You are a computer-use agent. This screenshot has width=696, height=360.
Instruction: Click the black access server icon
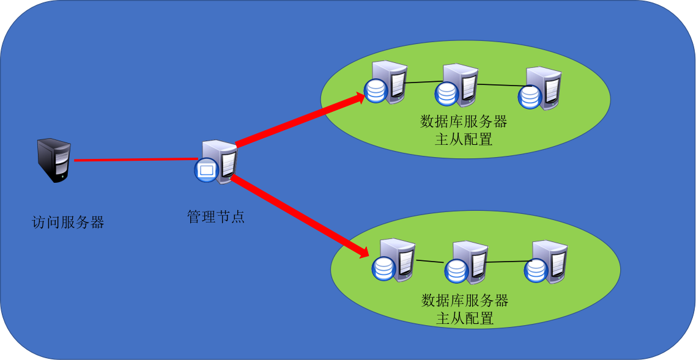[54, 160]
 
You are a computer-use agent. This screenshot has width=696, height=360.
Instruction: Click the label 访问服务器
[68, 222]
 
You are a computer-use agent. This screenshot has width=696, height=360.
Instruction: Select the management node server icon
[219, 161]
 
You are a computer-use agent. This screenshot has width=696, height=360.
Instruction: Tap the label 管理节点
[215, 216]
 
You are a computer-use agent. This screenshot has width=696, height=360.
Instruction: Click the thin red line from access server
[135, 160]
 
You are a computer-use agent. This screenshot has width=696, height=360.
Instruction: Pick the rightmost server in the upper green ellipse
[542, 88]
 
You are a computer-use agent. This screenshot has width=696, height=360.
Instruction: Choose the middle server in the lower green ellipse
[468, 262]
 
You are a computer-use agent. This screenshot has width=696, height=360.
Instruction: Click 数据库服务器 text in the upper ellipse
[464, 121]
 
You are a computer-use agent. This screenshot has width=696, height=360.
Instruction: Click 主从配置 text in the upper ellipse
[464, 139]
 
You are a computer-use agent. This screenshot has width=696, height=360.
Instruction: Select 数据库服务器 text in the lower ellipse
[465, 300]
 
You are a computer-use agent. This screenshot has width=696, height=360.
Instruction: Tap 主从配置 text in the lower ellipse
[465, 318]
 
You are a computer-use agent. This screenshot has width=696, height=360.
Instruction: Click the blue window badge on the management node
[205, 169]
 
